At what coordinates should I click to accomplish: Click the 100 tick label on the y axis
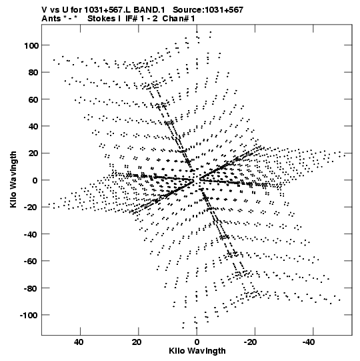(x=31, y=45)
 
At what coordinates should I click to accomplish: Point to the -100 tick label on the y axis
(x=29, y=315)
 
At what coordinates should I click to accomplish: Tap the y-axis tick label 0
(x=35, y=180)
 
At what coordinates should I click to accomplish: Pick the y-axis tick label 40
(x=34, y=126)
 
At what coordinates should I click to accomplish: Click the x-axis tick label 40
(x=79, y=342)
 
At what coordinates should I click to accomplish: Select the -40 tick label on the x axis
(x=308, y=342)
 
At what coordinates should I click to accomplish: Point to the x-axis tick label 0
(x=197, y=342)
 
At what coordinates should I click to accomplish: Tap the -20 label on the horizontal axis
(x=250, y=342)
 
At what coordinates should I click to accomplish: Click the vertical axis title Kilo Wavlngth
(x=13, y=179)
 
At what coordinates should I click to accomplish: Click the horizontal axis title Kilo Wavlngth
(x=197, y=351)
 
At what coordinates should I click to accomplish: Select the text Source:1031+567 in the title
(x=208, y=10)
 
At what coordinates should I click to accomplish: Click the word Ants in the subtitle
(x=51, y=19)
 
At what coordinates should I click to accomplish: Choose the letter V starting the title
(x=44, y=10)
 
